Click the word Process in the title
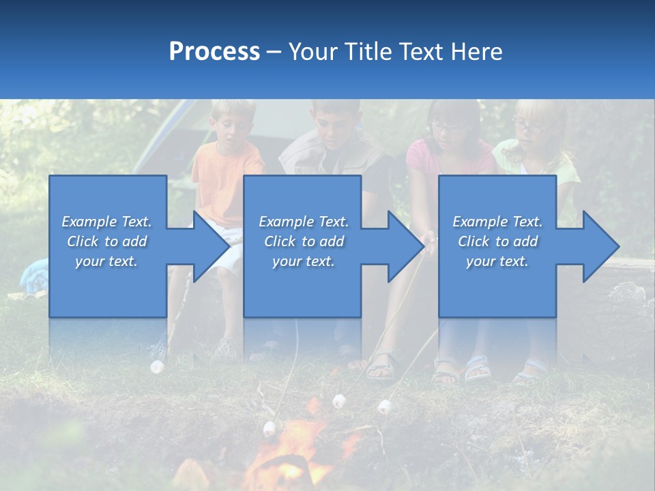point(214,52)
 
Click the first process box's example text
point(106,241)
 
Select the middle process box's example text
point(303,241)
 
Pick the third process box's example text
point(497,241)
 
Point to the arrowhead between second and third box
point(405,246)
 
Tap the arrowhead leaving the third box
point(600,246)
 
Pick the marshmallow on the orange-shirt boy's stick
point(158,367)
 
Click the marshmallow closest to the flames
point(270,429)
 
